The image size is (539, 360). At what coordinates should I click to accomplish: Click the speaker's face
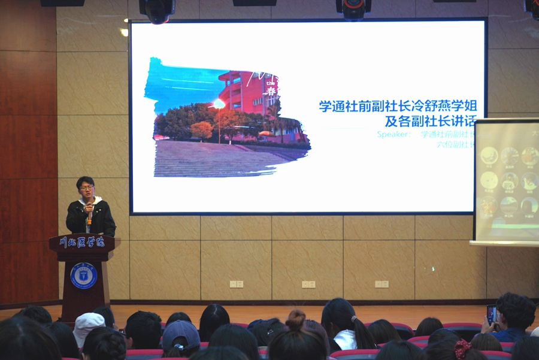[87, 188]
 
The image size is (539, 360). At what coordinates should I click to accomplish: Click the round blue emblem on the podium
[84, 275]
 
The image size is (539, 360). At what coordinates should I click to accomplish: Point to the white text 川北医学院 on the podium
[82, 243]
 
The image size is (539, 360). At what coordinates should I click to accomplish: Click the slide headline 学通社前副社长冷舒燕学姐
[398, 107]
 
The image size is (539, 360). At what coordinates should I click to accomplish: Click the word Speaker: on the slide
[394, 135]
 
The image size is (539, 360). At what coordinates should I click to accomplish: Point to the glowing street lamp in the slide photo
[219, 104]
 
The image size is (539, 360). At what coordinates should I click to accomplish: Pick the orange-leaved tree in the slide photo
[202, 129]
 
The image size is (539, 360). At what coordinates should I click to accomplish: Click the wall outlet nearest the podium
[236, 284]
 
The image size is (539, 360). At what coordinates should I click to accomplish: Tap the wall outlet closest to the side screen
[381, 284]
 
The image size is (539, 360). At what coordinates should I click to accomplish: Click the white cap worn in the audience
[87, 326]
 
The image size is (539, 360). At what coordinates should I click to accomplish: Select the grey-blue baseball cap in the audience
[181, 333]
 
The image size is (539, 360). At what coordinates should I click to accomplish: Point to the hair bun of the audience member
[295, 320]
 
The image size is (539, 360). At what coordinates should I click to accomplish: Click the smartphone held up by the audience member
[491, 314]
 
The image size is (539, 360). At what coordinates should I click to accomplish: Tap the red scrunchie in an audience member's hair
[462, 349]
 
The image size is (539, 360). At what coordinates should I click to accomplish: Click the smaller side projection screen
[506, 180]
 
